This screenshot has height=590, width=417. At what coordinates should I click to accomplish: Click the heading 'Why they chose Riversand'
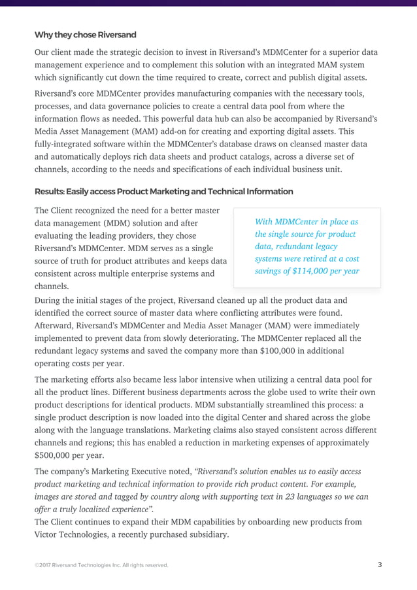click(85, 35)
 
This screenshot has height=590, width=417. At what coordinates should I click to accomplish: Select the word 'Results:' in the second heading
click(52, 192)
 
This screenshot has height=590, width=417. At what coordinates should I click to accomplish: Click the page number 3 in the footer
click(380, 564)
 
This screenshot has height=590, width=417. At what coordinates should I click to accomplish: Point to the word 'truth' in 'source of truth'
click(106, 261)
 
